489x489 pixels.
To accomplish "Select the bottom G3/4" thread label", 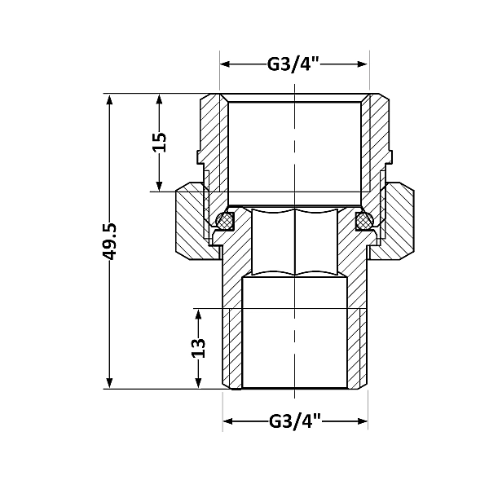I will (x=294, y=421).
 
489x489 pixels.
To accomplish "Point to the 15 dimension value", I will (x=161, y=142).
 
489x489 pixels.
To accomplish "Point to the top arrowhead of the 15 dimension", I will (x=161, y=99).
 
